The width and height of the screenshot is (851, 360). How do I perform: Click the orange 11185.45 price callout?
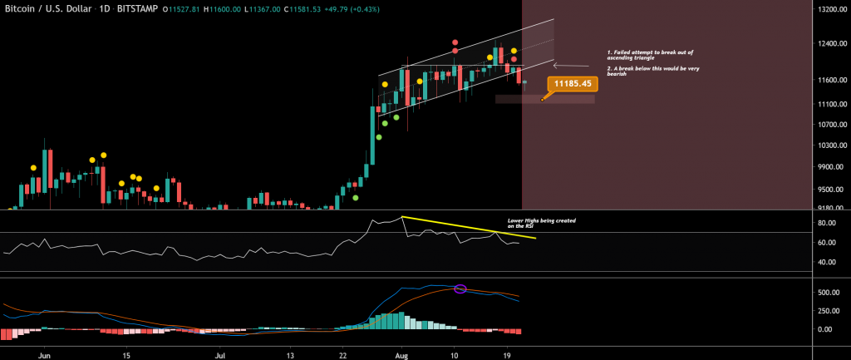[x=573, y=84]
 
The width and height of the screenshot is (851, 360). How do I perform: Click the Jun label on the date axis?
[x=46, y=353]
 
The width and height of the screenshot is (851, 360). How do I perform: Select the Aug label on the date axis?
[x=401, y=353]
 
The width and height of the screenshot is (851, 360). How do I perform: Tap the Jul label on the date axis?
[x=221, y=353]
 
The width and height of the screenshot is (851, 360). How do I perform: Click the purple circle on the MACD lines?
[x=460, y=288]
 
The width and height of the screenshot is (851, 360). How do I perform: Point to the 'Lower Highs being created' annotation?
[x=542, y=224]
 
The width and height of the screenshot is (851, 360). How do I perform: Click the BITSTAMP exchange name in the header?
[x=130, y=9]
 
